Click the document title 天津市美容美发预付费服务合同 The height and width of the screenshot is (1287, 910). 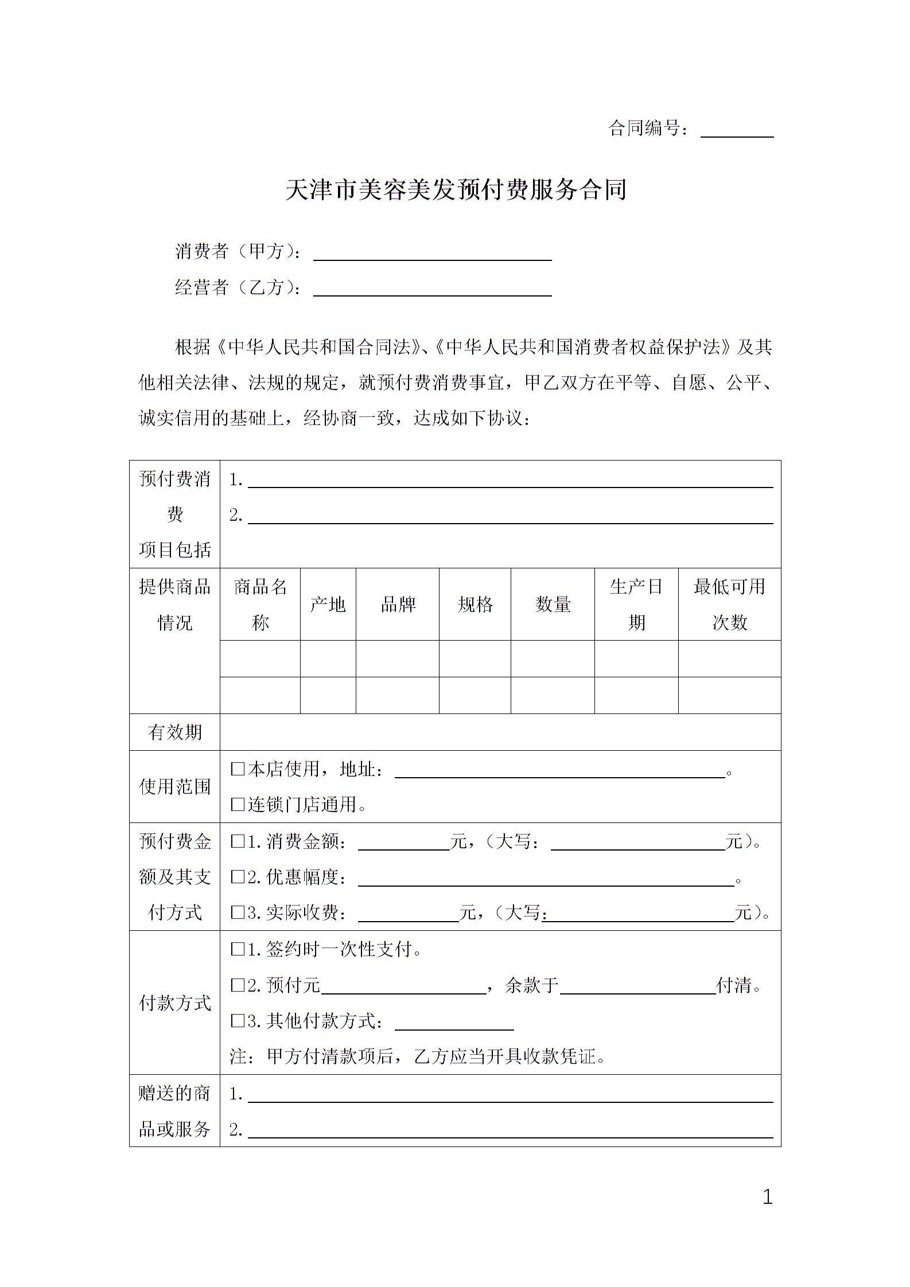point(456,190)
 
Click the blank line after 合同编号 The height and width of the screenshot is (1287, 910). point(737,131)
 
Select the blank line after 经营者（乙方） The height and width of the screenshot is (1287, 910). point(432,289)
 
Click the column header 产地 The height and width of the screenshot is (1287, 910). point(328,604)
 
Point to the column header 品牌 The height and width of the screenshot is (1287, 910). point(398,604)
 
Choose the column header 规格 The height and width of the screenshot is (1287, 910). point(475,604)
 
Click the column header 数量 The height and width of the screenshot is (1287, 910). point(553,604)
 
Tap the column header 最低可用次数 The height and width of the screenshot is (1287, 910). point(729,604)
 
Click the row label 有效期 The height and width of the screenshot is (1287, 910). point(174,732)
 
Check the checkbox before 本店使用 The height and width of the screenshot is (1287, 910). point(238,769)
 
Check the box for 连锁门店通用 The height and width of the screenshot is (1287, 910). point(238,805)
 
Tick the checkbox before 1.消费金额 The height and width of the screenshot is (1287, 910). point(238,841)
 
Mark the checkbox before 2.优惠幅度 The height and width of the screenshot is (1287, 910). point(238,877)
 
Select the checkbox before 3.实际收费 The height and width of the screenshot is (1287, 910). point(238,912)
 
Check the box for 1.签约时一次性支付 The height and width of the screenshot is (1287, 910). point(238,949)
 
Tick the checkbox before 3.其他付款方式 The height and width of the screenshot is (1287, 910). point(238,1021)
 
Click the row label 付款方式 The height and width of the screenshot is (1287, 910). point(174,1003)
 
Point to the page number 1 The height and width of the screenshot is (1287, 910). point(767,1198)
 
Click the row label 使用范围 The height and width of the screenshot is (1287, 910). point(174,787)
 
